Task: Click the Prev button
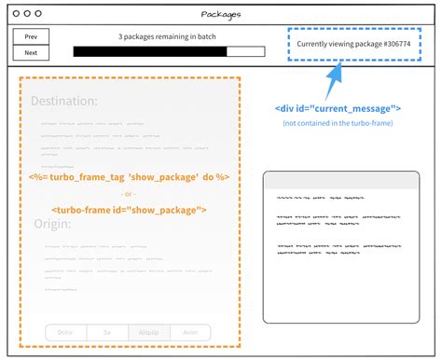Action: (x=31, y=36)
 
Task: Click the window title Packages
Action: (x=221, y=14)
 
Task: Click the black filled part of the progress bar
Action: (x=149, y=51)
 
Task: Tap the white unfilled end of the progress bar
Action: (x=240, y=51)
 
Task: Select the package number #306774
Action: (x=388, y=44)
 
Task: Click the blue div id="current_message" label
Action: (x=338, y=108)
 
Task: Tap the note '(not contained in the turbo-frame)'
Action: (x=338, y=123)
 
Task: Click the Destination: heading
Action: (x=63, y=101)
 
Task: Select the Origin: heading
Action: (x=53, y=224)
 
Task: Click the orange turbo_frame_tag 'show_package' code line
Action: (x=129, y=176)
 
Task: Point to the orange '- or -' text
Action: (x=129, y=193)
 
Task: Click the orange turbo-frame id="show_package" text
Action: (x=129, y=210)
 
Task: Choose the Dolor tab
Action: (x=65, y=332)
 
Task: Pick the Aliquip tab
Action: (x=148, y=332)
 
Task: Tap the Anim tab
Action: (x=190, y=332)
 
